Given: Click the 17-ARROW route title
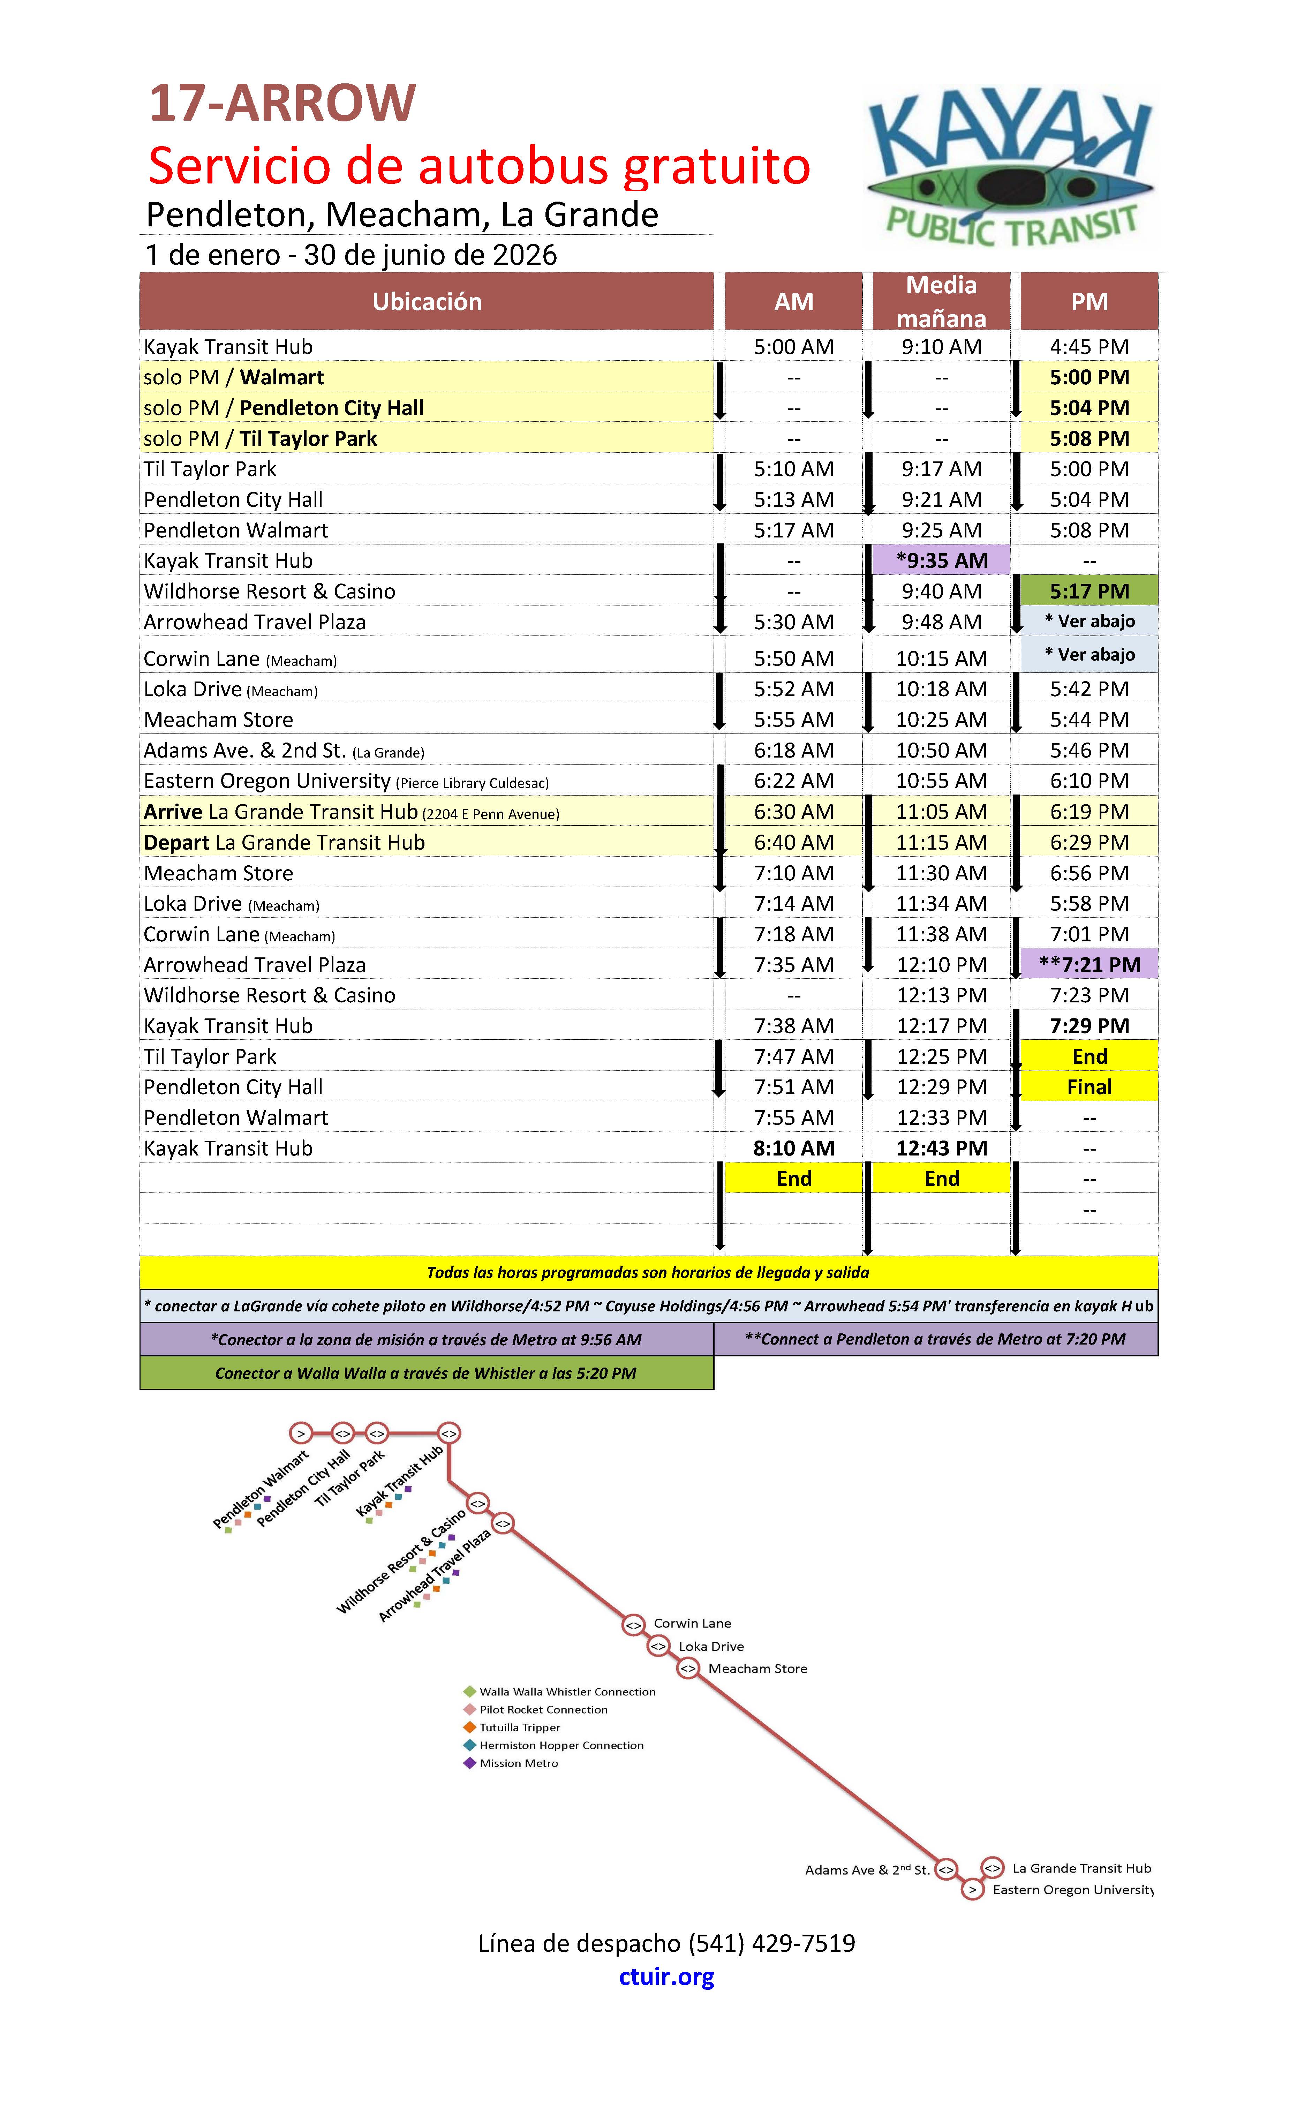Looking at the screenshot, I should pos(282,103).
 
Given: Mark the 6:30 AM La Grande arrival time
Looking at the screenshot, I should pos(793,812).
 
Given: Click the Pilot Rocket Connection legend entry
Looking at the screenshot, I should pos(543,1709).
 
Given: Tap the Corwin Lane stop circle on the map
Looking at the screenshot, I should pos(633,1624).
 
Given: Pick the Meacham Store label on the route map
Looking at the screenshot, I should pos(757,1668).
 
